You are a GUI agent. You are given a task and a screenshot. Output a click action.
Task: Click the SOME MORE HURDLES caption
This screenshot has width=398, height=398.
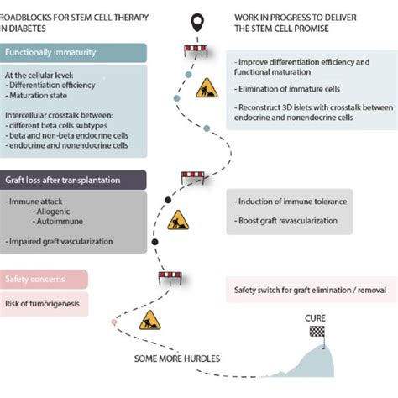(178, 359)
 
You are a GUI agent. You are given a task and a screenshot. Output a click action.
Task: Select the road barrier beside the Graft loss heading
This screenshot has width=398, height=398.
(194, 177)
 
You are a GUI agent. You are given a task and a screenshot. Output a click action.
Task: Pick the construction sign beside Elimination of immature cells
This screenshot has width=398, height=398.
(206, 88)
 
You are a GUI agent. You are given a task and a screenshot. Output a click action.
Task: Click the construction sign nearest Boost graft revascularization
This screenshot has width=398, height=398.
(178, 221)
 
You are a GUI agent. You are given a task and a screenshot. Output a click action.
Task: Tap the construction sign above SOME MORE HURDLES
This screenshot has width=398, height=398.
(150, 320)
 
